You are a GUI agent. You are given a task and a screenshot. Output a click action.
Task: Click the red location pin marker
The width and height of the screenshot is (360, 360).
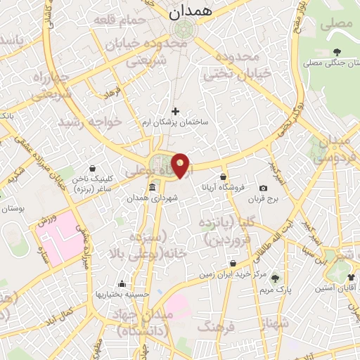[181, 166]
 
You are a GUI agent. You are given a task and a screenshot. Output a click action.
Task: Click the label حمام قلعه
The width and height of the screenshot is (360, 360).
[125, 22]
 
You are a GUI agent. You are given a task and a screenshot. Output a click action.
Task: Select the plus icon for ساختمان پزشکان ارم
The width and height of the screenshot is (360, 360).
[175, 110]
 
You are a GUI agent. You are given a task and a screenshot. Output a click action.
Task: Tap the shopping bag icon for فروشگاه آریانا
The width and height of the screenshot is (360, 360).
[224, 176]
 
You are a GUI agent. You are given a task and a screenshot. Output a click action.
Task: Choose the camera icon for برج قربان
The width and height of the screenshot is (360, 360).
[263, 188]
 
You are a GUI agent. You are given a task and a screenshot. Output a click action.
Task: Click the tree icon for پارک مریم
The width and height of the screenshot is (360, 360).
[276, 278]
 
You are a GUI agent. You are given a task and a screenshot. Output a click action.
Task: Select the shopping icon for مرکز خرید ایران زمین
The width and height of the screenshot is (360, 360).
[232, 264]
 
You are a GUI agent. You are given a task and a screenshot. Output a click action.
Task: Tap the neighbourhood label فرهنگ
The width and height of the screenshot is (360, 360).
[214, 326]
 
